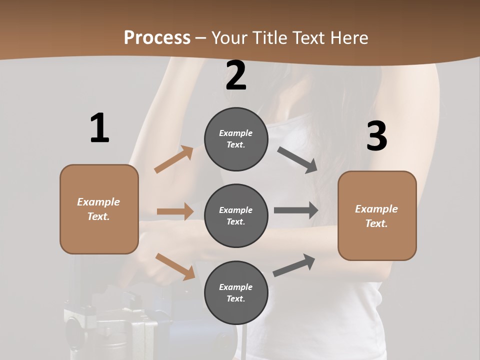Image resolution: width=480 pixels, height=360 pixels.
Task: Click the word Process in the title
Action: [157, 37]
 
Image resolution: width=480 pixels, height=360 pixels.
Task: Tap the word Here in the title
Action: [347, 37]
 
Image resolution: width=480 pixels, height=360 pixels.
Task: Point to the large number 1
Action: [99, 128]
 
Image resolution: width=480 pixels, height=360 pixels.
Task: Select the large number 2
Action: [236, 76]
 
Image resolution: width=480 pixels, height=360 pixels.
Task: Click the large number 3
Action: [376, 136]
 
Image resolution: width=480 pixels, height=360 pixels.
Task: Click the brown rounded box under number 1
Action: [99, 209]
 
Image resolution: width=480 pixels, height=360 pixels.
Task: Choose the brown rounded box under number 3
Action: [377, 216]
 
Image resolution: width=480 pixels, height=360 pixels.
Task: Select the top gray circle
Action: [236, 139]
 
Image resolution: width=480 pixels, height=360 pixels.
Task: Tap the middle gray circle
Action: [236, 216]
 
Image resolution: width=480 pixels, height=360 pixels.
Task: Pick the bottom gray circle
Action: [236, 293]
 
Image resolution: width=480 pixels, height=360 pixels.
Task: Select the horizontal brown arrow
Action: [175, 211]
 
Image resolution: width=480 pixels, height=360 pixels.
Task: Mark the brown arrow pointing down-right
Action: [175, 266]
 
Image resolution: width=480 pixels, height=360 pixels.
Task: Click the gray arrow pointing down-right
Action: [297, 160]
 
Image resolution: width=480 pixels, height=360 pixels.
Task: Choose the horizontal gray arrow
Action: [295, 210]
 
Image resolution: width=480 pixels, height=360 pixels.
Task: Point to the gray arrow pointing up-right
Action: [294, 265]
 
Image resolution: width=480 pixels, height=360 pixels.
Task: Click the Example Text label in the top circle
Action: [236, 139]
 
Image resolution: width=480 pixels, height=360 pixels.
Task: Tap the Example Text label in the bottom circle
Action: [236, 293]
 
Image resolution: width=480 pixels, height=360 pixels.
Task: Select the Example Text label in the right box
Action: [376, 216]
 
